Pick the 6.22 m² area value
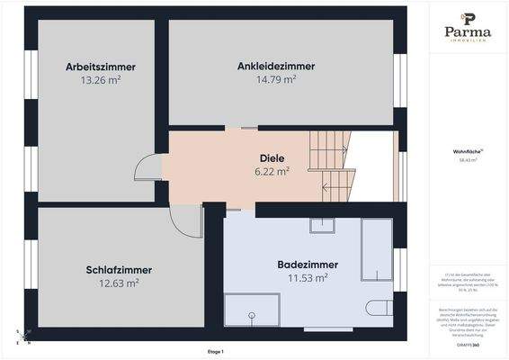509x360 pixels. pyautogui.click(x=272, y=170)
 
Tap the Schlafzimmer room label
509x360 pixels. pyautogui.click(x=119, y=269)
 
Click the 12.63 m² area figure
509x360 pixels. pyautogui.click(x=119, y=283)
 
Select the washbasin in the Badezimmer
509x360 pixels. pyautogui.click(x=322, y=225)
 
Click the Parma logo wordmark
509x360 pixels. pyautogui.click(x=469, y=32)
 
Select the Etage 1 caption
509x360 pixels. pyautogui.click(x=215, y=351)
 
